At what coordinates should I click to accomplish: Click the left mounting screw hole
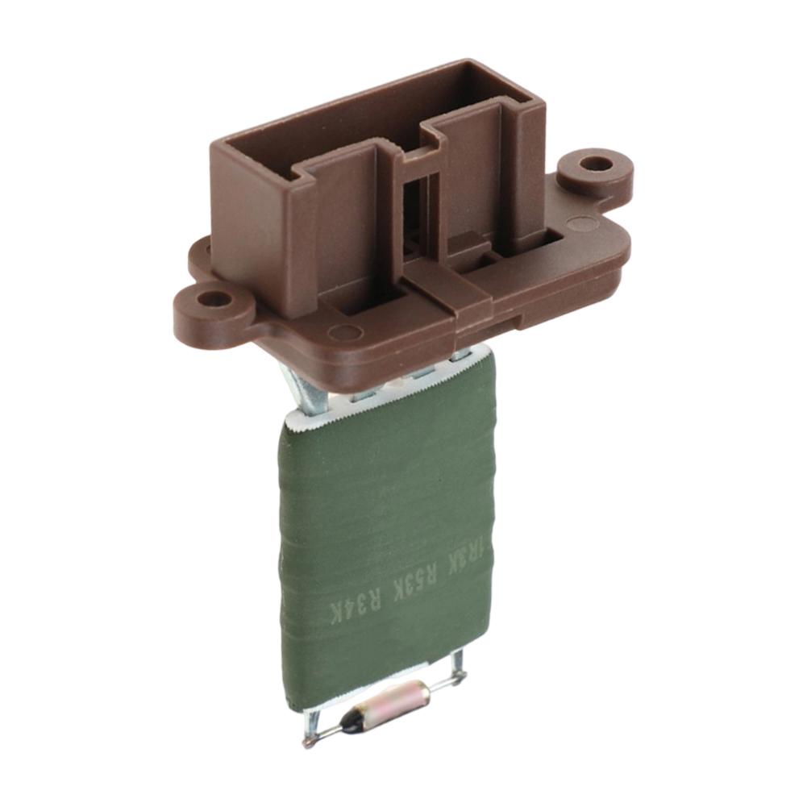click(x=214, y=299)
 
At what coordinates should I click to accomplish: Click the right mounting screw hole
click(x=596, y=164)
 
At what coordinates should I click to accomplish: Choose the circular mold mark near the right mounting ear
click(x=582, y=224)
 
